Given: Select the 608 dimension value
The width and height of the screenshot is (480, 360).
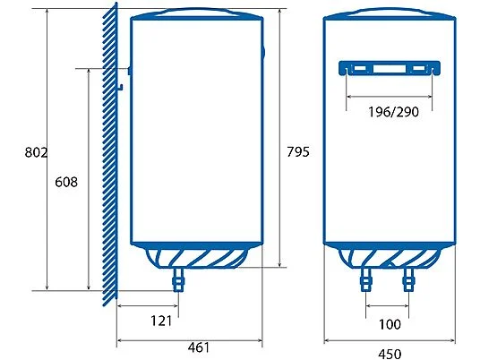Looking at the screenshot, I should point(65,182).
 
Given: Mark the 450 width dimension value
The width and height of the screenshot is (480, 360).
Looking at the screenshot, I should point(390,353).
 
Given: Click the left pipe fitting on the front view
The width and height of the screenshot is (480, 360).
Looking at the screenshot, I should point(365,280).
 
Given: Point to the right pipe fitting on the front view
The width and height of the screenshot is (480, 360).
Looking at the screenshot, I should point(411,280).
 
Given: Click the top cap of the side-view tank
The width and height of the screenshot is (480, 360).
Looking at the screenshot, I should point(198,13).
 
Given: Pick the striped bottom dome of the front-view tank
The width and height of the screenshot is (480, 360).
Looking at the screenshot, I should point(390,258).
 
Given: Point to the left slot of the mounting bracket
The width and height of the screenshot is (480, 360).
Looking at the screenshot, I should point(356,70).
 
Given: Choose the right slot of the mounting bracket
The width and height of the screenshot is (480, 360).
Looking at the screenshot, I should point(423,70).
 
